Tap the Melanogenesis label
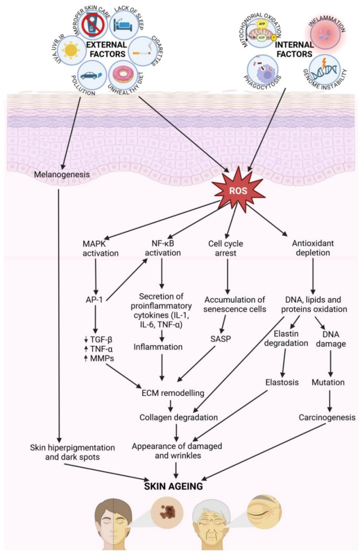[x=62, y=174]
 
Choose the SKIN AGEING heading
[x=175, y=486]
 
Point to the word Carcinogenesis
[x=327, y=417]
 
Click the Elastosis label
[x=282, y=383]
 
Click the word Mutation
[x=328, y=383]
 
